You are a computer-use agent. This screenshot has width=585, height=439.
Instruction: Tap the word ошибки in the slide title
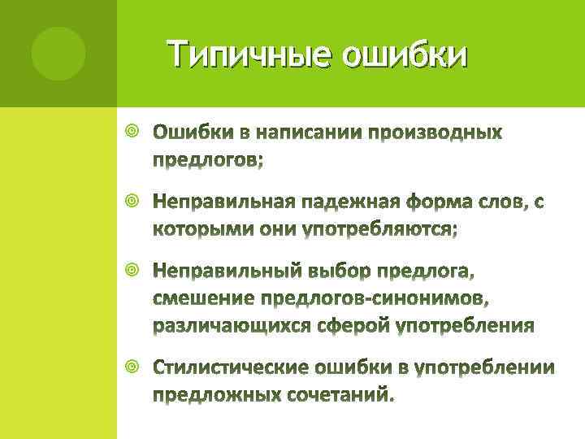[405, 55]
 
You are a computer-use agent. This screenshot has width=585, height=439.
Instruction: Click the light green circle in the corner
[58, 53]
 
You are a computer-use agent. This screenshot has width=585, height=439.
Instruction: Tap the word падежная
[349, 201]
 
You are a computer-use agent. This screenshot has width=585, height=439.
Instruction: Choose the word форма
[444, 201]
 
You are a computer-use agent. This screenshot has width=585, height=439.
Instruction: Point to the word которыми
[204, 230]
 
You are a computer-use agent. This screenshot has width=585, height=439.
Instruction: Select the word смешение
[203, 298]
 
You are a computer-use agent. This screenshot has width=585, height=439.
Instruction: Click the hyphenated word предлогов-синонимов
[375, 298]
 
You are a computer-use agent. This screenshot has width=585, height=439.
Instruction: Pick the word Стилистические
[231, 368]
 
